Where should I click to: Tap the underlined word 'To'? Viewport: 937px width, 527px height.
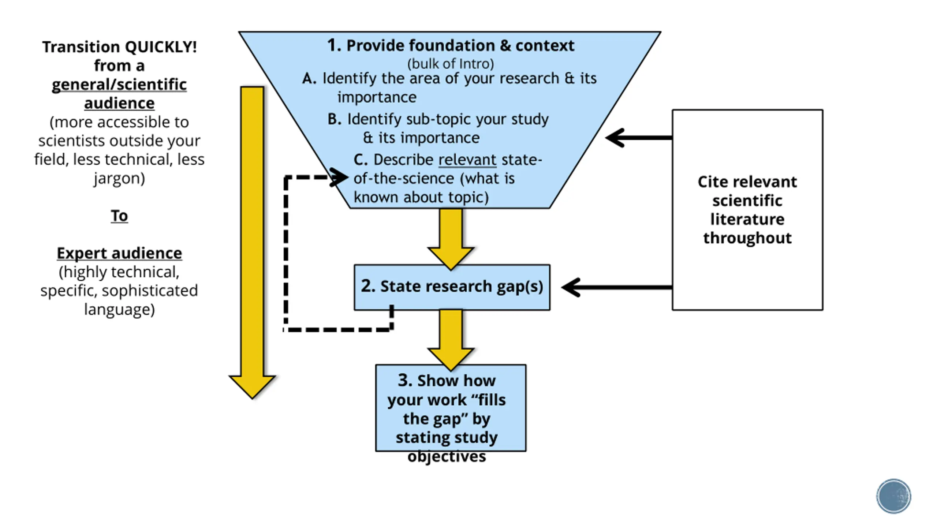click(x=119, y=216)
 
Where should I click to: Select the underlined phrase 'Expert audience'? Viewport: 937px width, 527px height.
click(x=119, y=253)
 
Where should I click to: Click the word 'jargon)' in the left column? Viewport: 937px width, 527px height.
click(x=119, y=178)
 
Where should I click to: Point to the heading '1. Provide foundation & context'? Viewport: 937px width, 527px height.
click(x=450, y=46)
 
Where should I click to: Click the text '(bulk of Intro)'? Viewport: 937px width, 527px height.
click(x=450, y=64)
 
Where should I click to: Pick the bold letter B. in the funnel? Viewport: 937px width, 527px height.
click(x=334, y=119)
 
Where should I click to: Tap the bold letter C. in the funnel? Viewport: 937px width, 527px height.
click(x=361, y=160)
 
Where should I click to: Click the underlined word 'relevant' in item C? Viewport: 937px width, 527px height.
click(x=467, y=160)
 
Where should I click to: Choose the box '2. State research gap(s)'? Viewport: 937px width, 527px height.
click(x=452, y=287)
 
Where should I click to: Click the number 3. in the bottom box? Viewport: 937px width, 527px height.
click(x=405, y=381)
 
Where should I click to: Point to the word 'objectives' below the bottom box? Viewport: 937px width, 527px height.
click(x=447, y=456)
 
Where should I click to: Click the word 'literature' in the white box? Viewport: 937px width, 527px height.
click(x=747, y=219)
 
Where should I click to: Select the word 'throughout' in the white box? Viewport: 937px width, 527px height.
click(x=747, y=238)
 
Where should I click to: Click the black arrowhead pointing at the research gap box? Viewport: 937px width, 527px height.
click(x=570, y=287)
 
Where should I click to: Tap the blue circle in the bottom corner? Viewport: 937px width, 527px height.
click(x=893, y=496)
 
